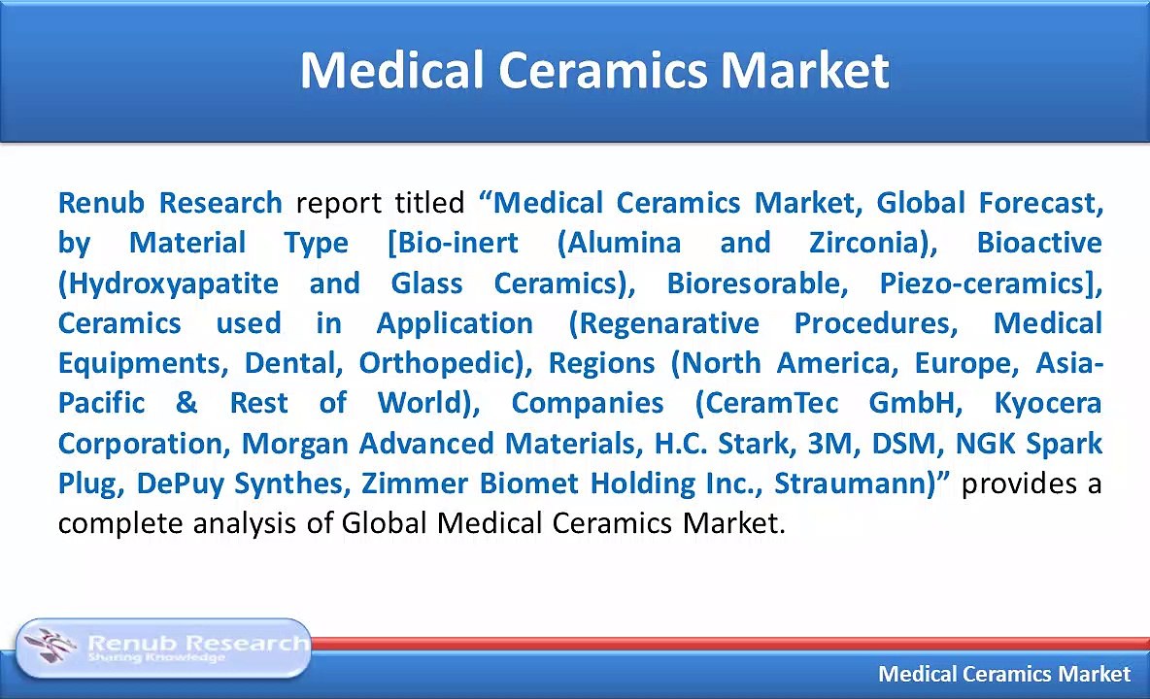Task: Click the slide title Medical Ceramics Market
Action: tap(594, 70)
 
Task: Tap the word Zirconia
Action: tap(865, 243)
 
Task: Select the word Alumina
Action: tap(625, 243)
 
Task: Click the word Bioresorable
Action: tap(753, 283)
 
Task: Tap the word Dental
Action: tap(289, 363)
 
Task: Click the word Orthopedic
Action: tap(439, 364)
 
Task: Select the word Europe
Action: tap(961, 364)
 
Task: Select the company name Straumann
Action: tap(851, 483)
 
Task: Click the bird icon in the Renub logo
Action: tap(50, 645)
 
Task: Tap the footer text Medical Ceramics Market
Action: tap(1004, 674)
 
